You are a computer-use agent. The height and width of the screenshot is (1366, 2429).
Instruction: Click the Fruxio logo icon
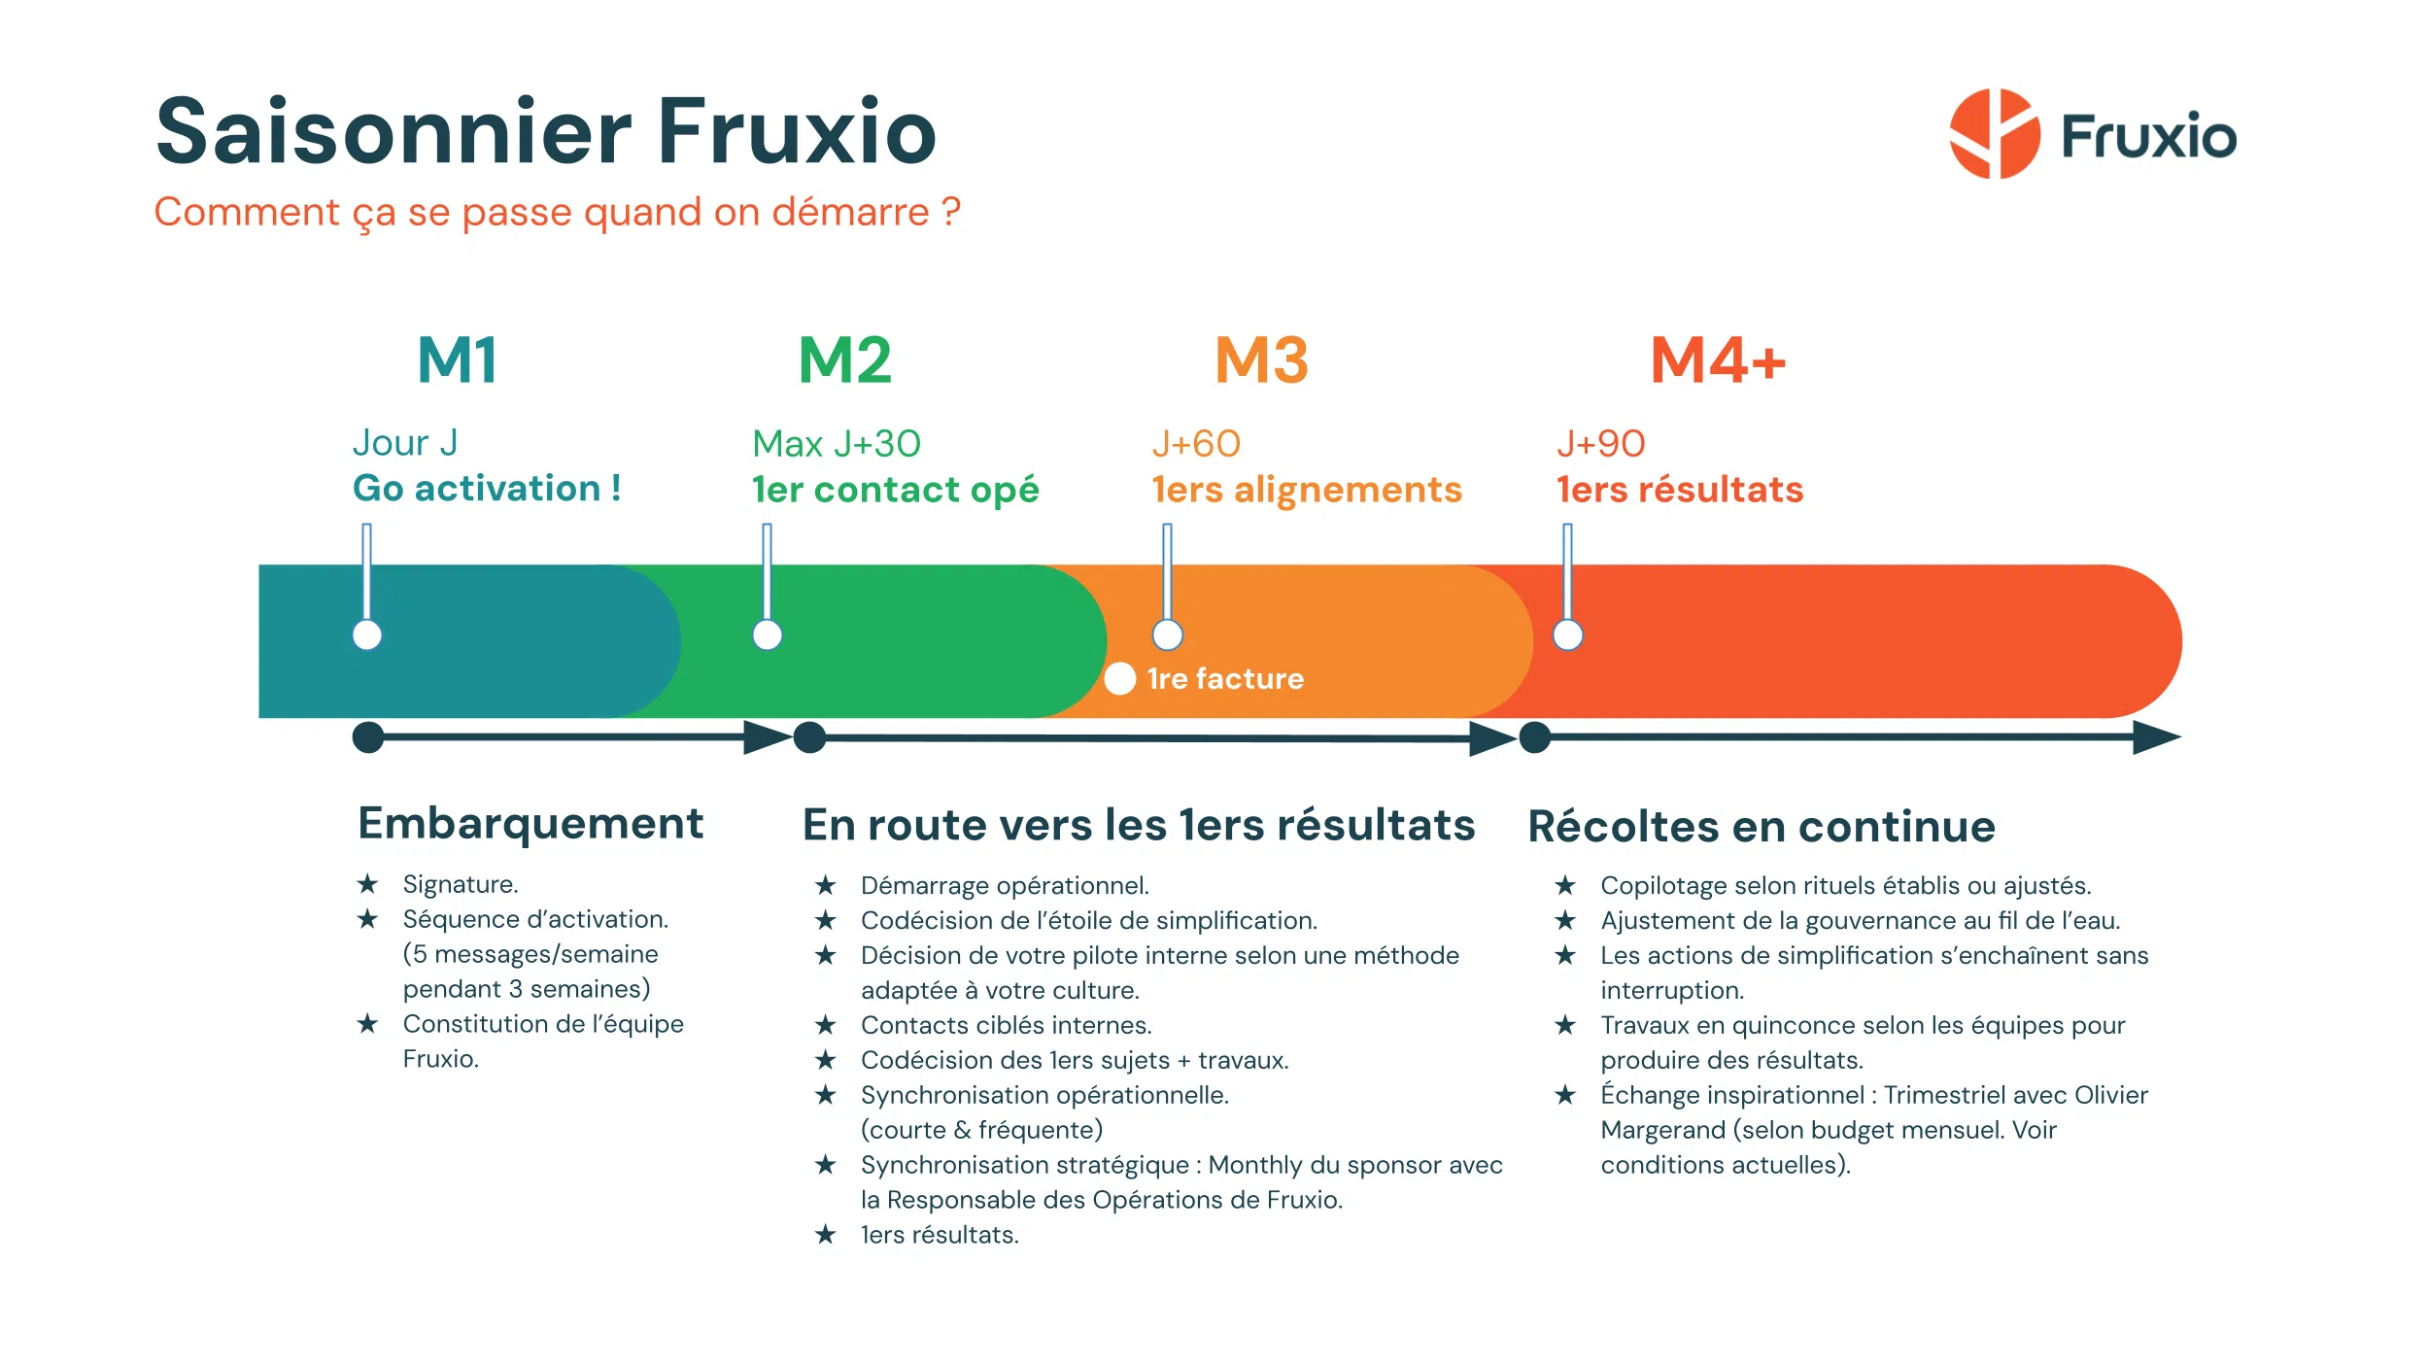click(x=1994, y=134)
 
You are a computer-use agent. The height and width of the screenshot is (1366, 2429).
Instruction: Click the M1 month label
click(x=458, y=360)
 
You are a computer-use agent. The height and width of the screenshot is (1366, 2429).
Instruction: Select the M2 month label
click(x=844, y=360)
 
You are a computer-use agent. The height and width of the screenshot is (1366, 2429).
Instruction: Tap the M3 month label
click(x=1261, y=360)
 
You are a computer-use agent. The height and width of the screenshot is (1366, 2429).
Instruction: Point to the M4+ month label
click(x=1718, y=360)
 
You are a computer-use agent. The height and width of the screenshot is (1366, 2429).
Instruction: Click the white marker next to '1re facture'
click(x=1120, y=678)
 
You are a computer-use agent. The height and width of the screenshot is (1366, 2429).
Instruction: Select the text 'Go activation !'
click(x=487, y=488)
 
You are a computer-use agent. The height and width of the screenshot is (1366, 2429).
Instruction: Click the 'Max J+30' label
click(x=836, y=444)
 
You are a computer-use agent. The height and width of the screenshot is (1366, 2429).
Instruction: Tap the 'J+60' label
click(x=1196, y=444)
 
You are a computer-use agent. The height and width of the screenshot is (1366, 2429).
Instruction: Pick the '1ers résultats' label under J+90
click(x=1679, y=490)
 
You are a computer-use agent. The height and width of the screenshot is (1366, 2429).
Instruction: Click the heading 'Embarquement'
click(x=530, y=824)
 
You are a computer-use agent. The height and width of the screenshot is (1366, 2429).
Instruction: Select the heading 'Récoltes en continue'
click(x=1761, y=827)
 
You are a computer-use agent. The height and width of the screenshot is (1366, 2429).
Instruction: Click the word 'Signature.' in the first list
click(x=461, y=884)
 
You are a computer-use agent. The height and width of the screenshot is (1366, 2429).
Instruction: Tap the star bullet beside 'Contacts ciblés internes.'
click(x=826, y=1025)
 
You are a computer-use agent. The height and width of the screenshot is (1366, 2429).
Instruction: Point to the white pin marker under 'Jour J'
click(x=367, y=635)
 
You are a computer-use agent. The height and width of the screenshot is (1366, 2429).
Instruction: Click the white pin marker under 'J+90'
click(x=1567, y=635)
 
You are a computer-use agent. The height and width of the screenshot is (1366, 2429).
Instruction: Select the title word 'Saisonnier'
click(x=393, y=132)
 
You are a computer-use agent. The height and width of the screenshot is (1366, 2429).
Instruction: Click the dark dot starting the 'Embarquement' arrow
click(x=368, y=737)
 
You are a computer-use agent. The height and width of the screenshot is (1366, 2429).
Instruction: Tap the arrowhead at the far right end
click(x=2156, y=737)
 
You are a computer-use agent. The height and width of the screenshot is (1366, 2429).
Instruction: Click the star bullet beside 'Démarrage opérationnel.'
click(x=826, y=885)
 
